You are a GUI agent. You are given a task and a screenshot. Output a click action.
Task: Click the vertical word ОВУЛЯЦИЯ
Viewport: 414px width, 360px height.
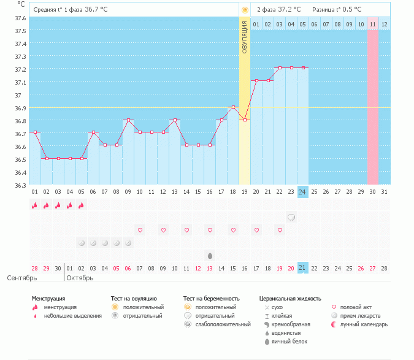[x=244, y=38]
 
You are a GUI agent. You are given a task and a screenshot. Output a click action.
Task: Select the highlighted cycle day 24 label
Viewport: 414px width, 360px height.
[x=302, y=191]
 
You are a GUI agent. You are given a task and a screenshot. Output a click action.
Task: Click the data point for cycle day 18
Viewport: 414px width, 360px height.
[x=233, y=107]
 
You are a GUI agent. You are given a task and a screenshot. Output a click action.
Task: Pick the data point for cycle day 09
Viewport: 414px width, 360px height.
[x=128, y=120]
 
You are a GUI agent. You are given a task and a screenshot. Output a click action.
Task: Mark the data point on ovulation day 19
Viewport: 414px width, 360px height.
[x=245, y=120]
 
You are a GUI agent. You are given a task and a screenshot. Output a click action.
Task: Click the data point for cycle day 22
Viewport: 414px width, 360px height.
[x=279, y=67]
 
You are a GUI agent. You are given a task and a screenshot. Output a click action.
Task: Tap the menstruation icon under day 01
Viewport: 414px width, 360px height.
[x=35, y=205]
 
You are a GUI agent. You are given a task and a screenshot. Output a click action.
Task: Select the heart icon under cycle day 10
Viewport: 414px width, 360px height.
[x=140, y=230]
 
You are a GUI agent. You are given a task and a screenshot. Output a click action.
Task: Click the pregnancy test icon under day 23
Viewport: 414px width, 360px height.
[x=291, y=217]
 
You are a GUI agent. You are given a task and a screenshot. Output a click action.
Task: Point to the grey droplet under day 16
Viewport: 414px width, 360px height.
[x=210, y=255]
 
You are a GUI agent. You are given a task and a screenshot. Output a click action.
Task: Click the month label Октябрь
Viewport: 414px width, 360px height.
[x=79, y=277]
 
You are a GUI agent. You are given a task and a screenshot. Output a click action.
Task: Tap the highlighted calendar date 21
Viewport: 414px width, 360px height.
[x=302, y=267]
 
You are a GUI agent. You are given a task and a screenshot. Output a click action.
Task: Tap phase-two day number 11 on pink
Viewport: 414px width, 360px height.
[x=372, y=25]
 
